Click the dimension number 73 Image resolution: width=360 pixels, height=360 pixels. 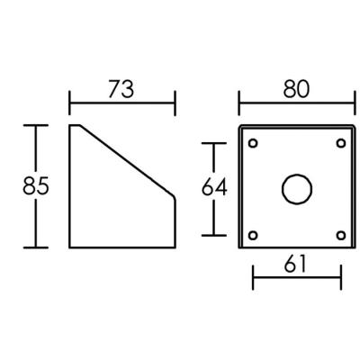[x=121, y=89]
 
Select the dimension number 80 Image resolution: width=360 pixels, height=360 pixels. [x=296, y=89]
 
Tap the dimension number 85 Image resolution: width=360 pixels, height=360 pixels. [x=36, y=185]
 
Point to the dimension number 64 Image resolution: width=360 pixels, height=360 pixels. [x=214, y=187]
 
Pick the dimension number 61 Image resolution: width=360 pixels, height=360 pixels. [x=295, y=264]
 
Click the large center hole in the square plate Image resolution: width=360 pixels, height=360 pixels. [x=297, y=189]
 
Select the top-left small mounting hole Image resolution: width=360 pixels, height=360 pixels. [x=253, y=143]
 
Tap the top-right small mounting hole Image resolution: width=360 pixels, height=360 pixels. [x=341, y=143]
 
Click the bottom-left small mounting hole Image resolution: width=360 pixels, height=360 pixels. [x=253, y=236]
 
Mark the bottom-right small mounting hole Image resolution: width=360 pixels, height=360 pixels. [x=341, y=236]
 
